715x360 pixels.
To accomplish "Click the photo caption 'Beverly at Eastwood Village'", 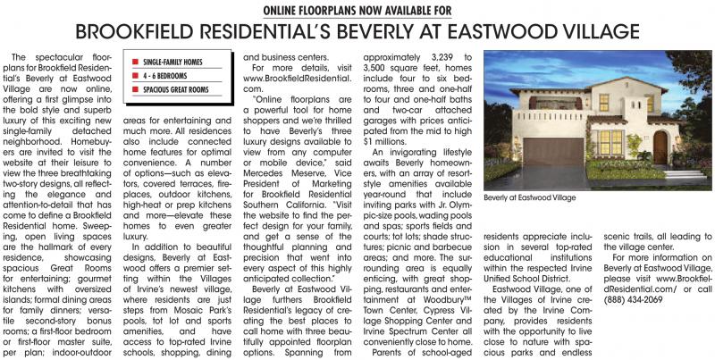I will point(530,197).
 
